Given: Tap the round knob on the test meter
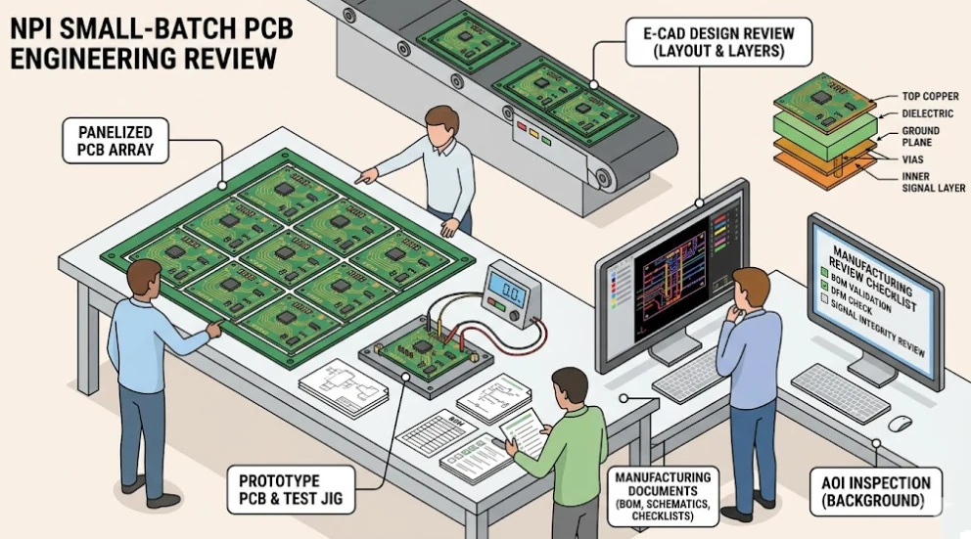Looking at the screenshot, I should [527, 311].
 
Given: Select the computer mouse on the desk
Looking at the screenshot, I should [900, 423].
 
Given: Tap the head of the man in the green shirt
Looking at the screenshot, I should [569, 384].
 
